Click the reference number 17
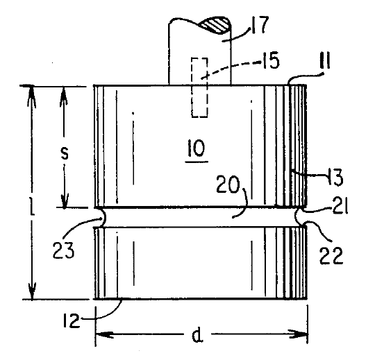click(x=260, y=24)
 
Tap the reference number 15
click(x=271, y=61)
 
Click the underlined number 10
click(x=197, y=148)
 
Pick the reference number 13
click(x=335, y=177)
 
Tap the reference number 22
click(x=331, y=255)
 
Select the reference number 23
click(x=63, y=250)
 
